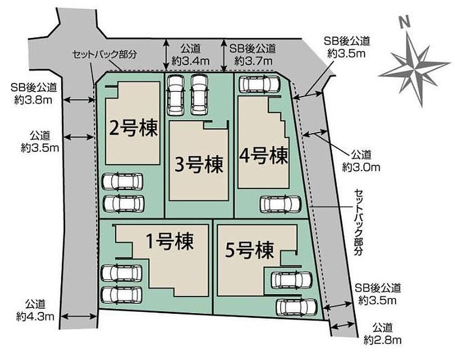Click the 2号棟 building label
click(134, 128)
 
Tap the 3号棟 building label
click(199, 165)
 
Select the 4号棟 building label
click(263, 155)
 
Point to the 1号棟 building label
click(170, 241)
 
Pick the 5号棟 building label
click(250, 250)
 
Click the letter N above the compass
click(404, 22)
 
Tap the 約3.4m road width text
click(190, 61)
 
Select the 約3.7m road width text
click(253, 61)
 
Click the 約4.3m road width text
click(35, 316)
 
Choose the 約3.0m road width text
click(361, 167)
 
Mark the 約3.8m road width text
click(33, 100)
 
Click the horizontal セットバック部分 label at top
click(104, 54)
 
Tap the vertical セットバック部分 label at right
click(358, 222)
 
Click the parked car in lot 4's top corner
click(259, 84)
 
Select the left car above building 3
click(176, 95)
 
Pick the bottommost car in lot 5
click(297, 307)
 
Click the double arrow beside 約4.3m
click(79, 316)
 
